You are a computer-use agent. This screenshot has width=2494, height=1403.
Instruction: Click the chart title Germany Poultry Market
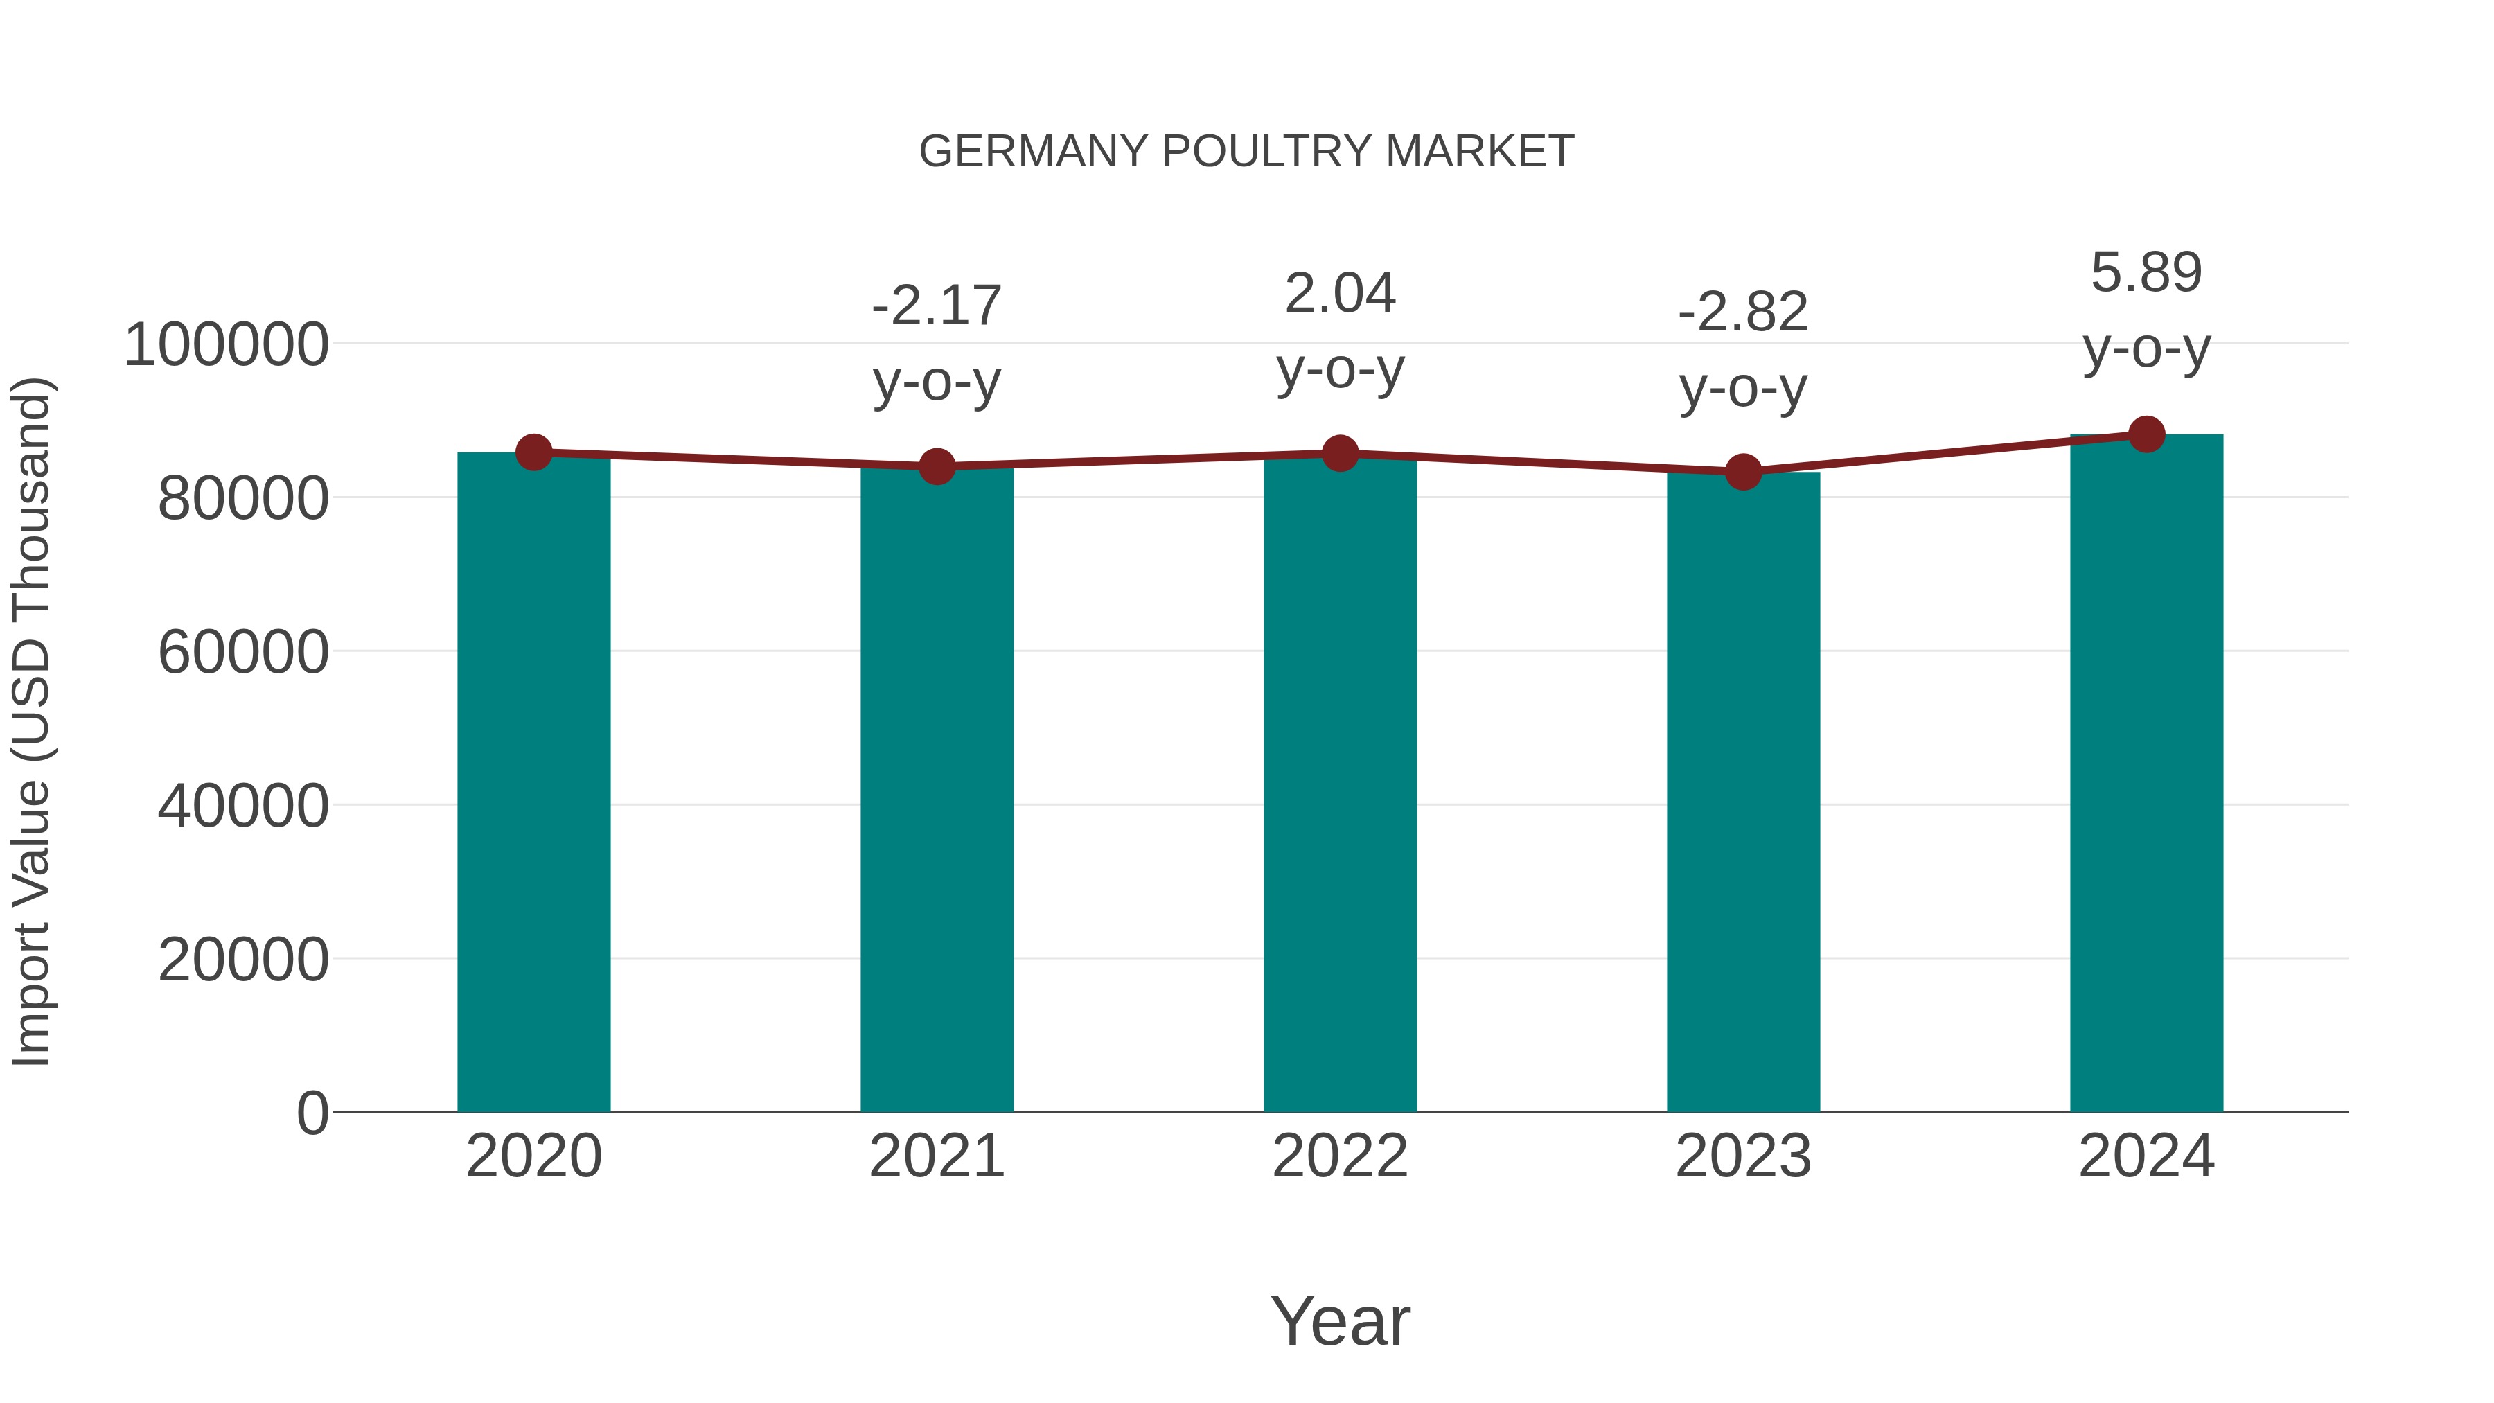(x=1246, y=152)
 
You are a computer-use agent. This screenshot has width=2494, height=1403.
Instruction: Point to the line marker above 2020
(x=533, y=452)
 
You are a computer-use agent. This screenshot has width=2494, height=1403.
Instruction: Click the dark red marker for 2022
(x=1340, y=453)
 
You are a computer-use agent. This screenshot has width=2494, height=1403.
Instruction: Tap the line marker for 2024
(x=2146, y=434)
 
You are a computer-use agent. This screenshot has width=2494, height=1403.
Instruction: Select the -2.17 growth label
(x=936, y=306)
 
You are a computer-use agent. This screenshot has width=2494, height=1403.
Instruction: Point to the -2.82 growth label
(x=1743, y=312)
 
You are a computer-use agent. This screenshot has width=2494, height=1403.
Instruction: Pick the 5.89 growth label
(x=2146, y=272)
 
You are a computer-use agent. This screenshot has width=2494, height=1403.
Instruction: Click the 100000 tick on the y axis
(x=227, y=346)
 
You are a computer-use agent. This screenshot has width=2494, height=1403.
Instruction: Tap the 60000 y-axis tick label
(x=243, y=653)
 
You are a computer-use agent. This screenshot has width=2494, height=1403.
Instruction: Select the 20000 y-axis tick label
(x=243, y=960)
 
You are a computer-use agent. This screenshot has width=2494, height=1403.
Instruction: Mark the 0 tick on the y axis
(x=312, y=1113)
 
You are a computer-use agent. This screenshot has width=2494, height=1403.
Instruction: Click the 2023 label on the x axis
(x=1743, y=1157)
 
